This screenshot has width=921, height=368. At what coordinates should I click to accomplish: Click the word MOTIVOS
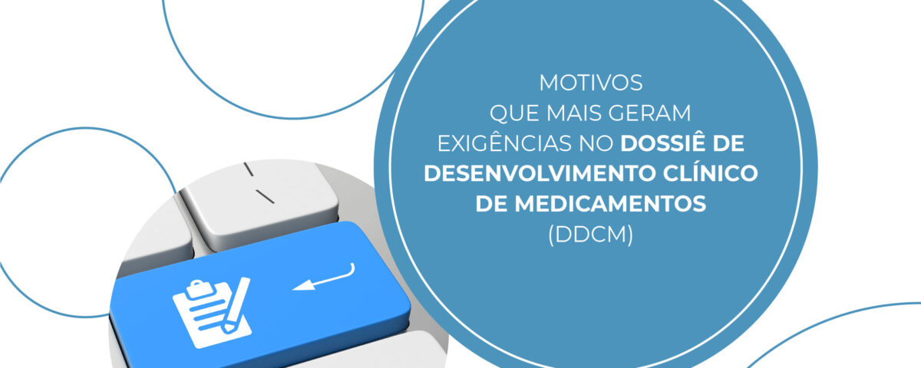591,83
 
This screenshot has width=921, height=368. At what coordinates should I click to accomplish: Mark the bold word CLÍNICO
710,172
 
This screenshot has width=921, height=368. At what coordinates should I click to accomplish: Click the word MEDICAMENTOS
611,204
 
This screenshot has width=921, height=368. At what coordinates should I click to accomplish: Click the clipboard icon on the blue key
212,311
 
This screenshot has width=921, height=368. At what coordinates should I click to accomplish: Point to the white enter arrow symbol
324,278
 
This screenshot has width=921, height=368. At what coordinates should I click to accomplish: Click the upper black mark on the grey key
249,169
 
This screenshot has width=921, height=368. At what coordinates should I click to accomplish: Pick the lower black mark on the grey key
265,196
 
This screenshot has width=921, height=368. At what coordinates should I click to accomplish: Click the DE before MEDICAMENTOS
491,204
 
